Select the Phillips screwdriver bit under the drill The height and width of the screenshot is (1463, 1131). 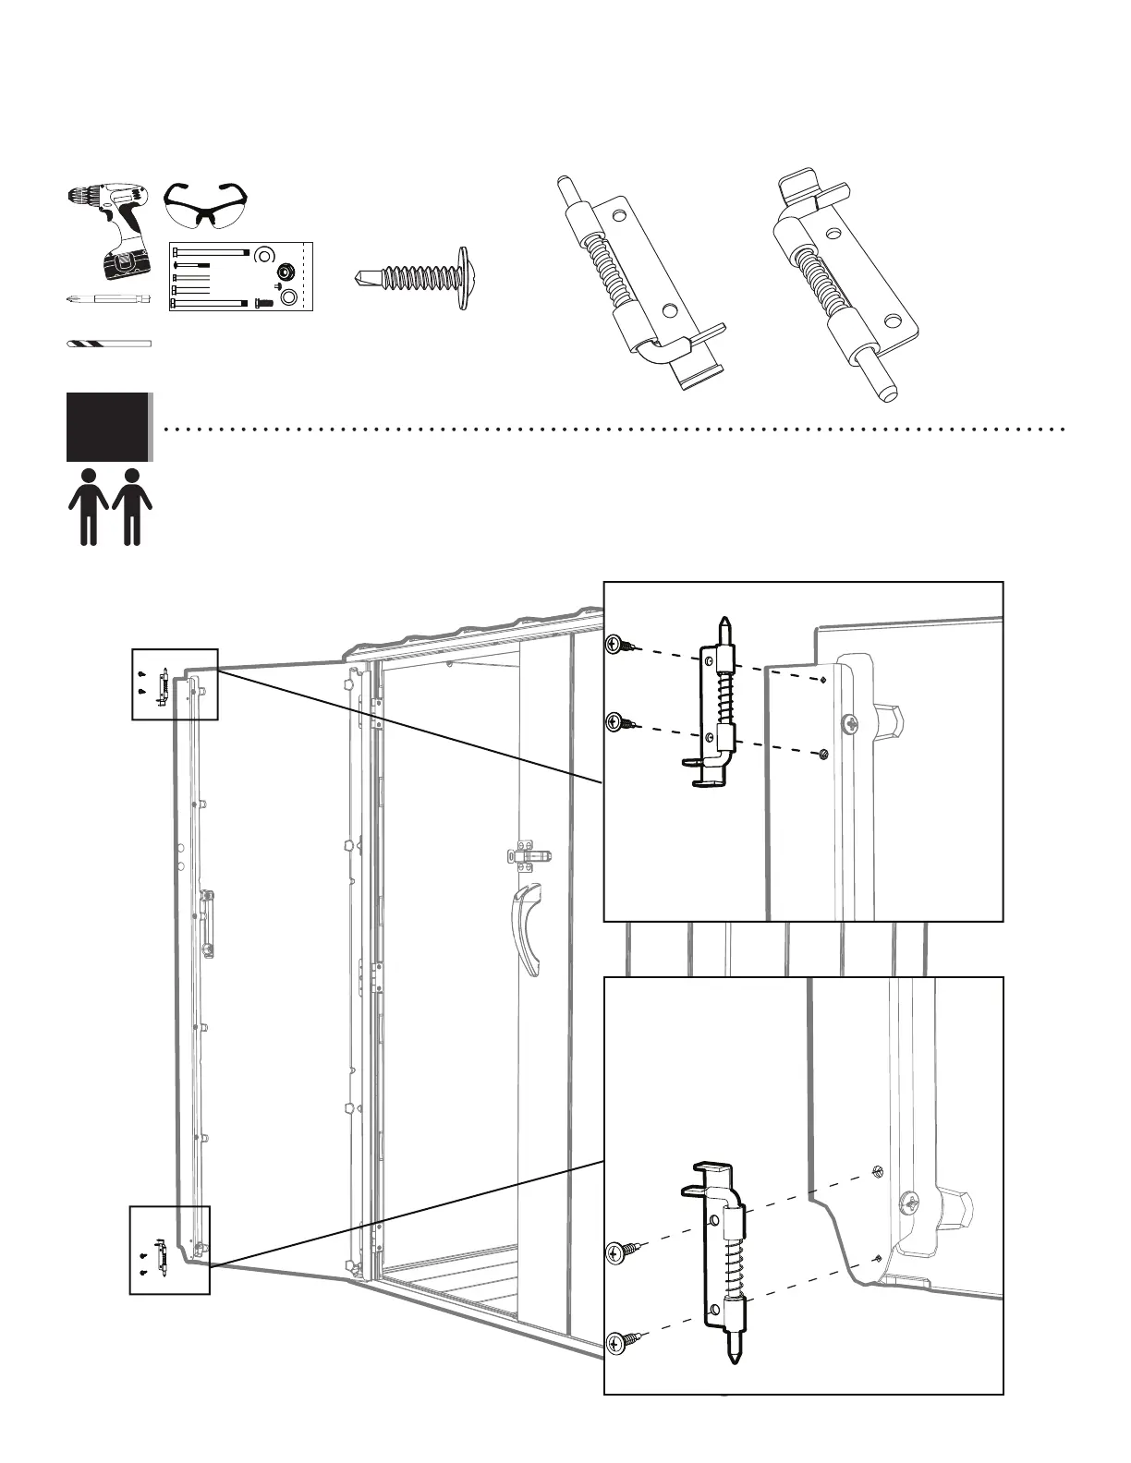pyautogui.click(x=109, y=298)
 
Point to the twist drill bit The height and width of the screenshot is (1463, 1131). pyautogui.click(x=108, y=344)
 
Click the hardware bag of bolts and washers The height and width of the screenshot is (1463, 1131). pyautogui.click(x=242, y=276)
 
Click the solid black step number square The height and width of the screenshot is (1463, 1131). pyautogui.click(x=107, y=427)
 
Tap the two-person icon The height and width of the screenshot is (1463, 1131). pyautogui.click(x=110, y=506)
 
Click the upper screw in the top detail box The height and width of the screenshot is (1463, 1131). pyautogui.click(x=617, y=645)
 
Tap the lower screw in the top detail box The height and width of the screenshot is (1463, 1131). pyautogui.click(x=617, y=722)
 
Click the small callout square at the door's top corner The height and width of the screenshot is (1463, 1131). pyautogui.click(x=175, y=684)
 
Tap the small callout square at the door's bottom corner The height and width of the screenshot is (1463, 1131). pyautogui.click(x=169, y=1250)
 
